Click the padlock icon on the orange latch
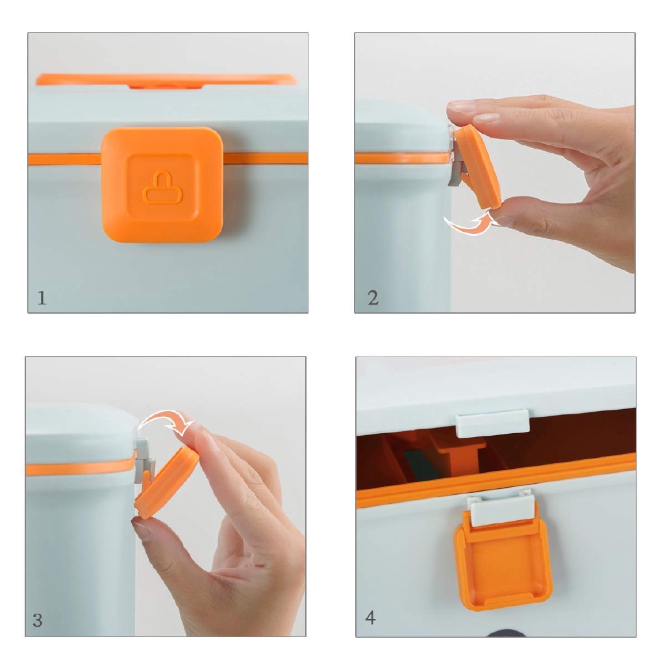162,188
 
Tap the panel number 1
42,297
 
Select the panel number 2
373,297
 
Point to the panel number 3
37,620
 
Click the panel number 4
370,618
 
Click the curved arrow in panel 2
470,224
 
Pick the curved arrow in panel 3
166,421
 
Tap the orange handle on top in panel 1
166,80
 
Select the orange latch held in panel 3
166,481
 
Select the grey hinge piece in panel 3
142,462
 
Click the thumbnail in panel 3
142,529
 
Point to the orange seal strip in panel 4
496,479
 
